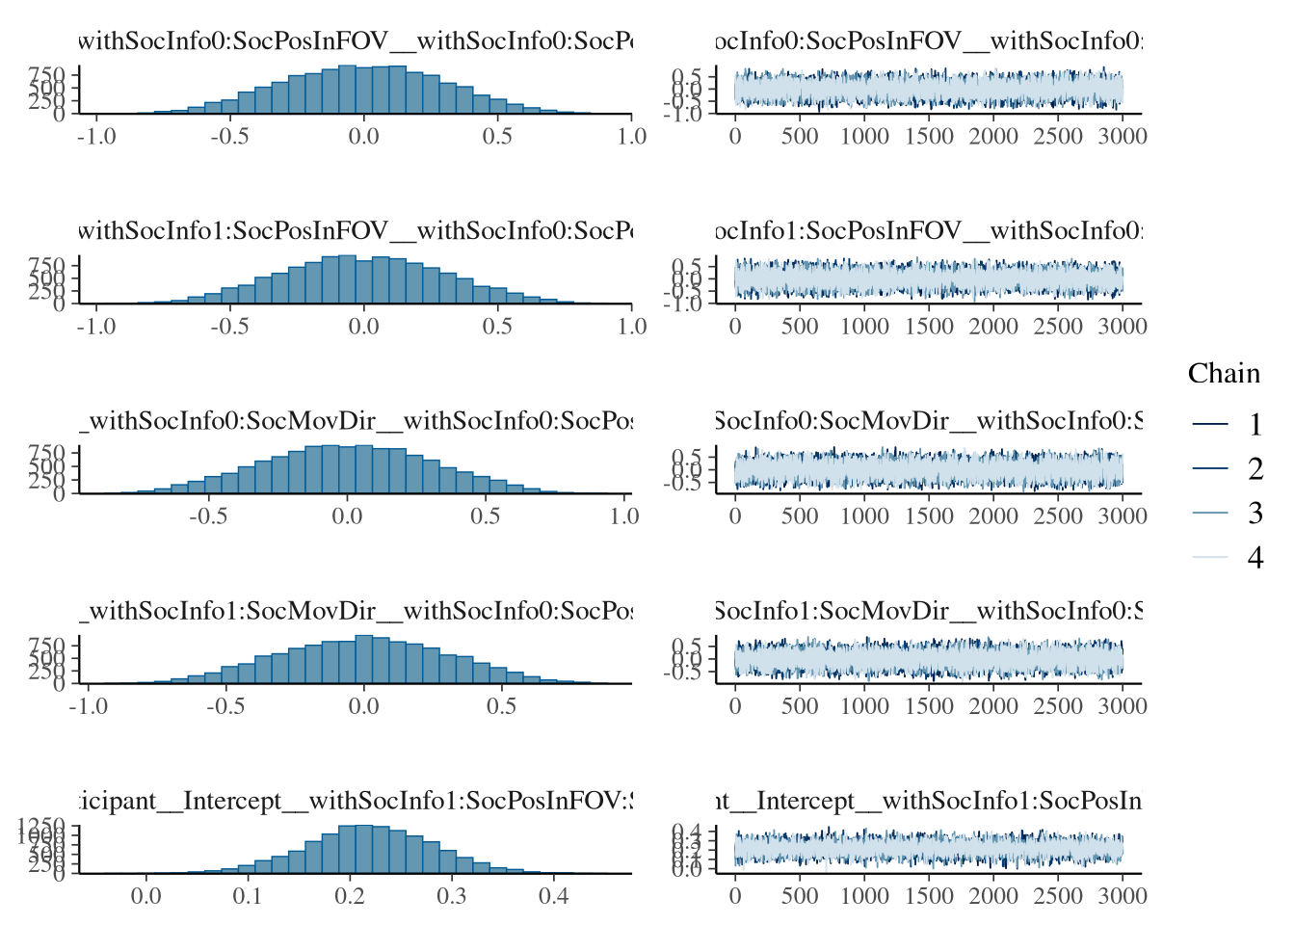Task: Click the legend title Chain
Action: tap(1224, 374)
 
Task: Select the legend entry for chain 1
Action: tap(1255, 425)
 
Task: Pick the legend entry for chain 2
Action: tap(1255, 469)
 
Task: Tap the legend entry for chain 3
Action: tap(1255, 514)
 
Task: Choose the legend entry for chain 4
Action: tap(1255, 558)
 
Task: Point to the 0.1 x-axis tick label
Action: tap(248, 896)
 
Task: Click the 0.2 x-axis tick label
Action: tap(350, 896)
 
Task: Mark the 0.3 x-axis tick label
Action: tap(451, 896)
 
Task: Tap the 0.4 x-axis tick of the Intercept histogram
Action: tap(553, 896)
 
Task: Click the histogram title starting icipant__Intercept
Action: tap(355, 801)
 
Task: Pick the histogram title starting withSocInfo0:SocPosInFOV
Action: tap(355, 41)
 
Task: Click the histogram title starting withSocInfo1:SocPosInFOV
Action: tap(355, 231)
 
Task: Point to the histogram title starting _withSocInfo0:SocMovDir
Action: tap(355, 421)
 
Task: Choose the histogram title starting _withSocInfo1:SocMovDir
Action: tap(355, 611)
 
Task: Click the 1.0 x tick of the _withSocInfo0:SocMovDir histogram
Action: tap(624, 516)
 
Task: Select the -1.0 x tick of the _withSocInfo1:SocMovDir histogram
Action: tap(89, 706)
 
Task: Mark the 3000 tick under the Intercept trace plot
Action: tap(1123, 896)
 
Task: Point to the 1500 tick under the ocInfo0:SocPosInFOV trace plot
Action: tap(929, 137)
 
